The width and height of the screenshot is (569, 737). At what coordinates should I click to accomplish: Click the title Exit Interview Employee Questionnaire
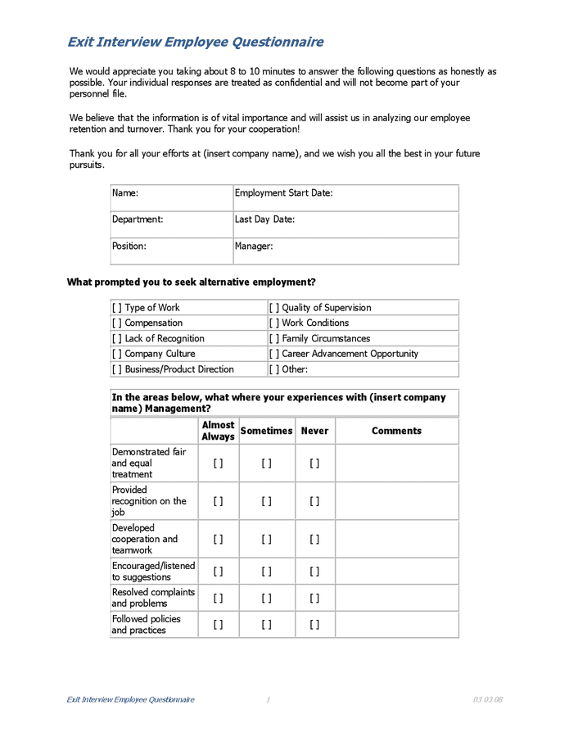[195, 42]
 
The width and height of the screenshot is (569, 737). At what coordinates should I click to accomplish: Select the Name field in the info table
[172, 197]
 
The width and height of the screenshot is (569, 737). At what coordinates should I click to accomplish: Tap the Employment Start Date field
[345, 197]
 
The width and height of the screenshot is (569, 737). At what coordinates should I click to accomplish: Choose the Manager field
[345, 251]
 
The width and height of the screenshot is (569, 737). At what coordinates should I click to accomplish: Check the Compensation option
[117, 323]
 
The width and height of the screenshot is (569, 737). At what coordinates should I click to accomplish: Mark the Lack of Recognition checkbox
[117, 338]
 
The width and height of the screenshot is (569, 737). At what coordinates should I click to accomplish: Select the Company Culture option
[117, 354]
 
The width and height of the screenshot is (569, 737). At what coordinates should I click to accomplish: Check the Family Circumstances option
[274, 338]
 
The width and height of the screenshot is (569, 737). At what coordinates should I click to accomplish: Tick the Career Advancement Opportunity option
[274, 354]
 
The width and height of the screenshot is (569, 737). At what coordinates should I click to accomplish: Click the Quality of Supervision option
[274, 308]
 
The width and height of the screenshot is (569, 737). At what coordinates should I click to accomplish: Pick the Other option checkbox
[274, 369]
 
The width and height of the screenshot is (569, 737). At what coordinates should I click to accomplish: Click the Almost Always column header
[218, 431]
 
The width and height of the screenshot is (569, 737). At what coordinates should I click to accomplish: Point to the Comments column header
[396, 431]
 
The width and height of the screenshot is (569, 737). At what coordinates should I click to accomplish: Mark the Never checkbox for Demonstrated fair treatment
[314, 463]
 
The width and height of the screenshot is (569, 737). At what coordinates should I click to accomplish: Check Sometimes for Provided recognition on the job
[267, 501]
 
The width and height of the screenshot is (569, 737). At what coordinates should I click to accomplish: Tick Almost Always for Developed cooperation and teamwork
[218, 539]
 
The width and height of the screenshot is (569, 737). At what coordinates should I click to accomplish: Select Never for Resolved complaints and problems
[314, 598]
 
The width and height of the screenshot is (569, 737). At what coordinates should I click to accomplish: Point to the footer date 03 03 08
[487, 699]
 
